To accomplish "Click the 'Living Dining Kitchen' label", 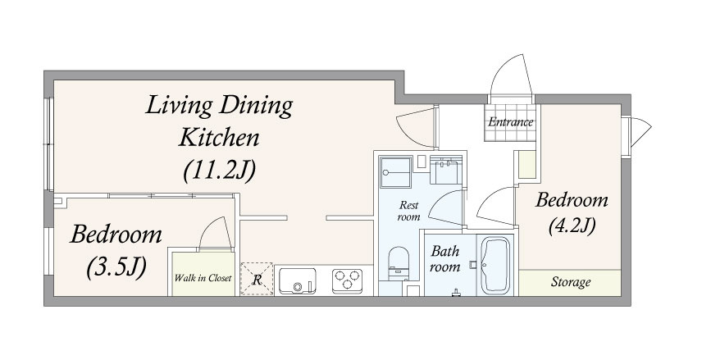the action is pyautogui.click(x=219, y=121).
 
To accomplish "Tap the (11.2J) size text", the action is pyautogui.click(x=220, y=171).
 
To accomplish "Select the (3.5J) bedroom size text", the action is pyautogui.click(x=116, y=267).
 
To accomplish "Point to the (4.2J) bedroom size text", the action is pyautogui.click(x=572, y=226).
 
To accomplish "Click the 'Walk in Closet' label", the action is pyautogui.click(x=203, y=278).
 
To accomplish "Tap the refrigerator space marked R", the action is pyautogui.click(x=257, y=279).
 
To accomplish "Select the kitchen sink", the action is pyautogui.click(x=298, y=280).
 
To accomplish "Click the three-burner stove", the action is pyautogui.click(x=347, y=281).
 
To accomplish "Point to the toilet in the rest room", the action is pyautogui.click(x=399, y=263).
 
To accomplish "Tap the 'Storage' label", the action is pyautogui.click(x=571, y=282).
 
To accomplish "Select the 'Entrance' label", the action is pyautogui.click(x=511, y=122).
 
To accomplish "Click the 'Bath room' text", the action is pyautogui.click(x=444, y=258).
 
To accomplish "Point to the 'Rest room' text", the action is pyautogui.click(x=408, y=211).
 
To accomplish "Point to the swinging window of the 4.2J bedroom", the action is pyautogui.click(x=640, y=132).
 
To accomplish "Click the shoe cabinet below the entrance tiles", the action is pyautogui.click(x=527, y=165).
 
